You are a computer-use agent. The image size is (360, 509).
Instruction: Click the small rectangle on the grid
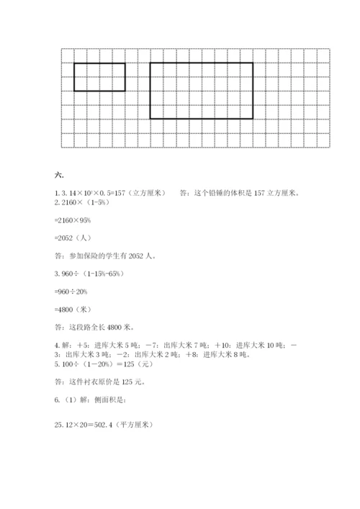click(x=99, y=77)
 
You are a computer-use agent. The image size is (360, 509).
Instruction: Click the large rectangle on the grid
click(x=201, y=91)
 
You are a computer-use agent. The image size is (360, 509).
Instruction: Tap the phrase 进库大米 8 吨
click(x=225, y=355)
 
